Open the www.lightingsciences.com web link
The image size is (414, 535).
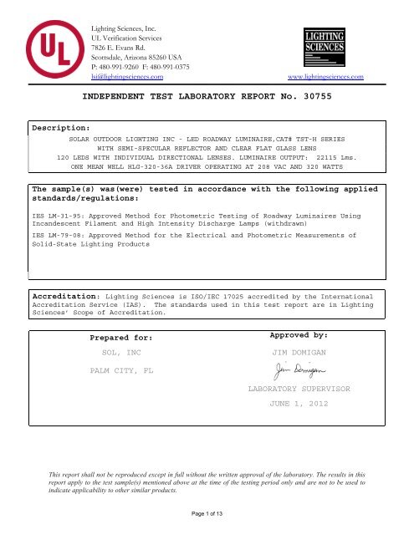click(x=326, y=77)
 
